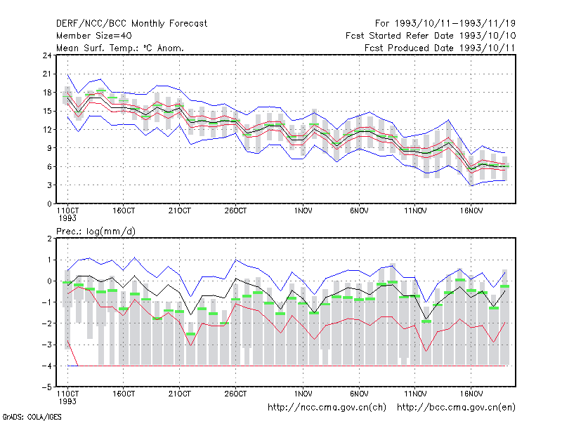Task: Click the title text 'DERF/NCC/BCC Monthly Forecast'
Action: (131, 24)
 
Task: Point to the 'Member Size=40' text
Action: (94, 36)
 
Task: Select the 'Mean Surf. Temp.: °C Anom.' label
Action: (120, 48)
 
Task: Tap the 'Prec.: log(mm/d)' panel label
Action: (96, 232)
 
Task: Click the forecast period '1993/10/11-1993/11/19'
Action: (455, 24)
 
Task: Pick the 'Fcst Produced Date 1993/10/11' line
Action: (440, 48)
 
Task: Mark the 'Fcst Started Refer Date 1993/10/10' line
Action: (431, 36)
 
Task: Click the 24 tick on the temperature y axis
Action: (47, 55)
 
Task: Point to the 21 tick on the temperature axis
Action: (47, 74)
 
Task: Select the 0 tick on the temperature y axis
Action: (49, 204)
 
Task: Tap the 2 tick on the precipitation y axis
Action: (49, 239)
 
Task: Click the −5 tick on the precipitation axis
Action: (47, 387)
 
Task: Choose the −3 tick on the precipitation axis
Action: (47, 345)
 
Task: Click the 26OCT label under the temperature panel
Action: (235, 211)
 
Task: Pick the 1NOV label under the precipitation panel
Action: (303, 394)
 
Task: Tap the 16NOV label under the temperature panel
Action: (471, 211)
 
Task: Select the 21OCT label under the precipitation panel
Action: (180, 394)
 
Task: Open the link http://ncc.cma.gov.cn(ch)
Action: (327, 408)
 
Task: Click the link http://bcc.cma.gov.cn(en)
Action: (456, 408)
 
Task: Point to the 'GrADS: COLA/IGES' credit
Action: (32, 417)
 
